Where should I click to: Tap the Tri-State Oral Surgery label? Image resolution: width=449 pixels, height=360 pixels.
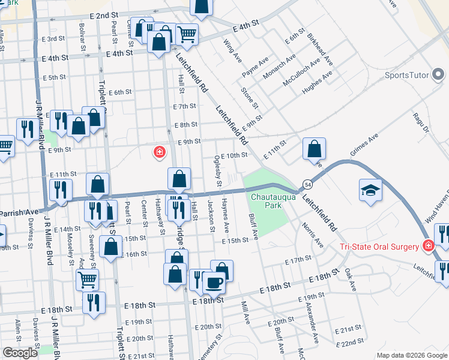379,247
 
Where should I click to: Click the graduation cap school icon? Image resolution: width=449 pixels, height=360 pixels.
370,191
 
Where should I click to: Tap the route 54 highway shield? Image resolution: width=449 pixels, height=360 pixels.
306,183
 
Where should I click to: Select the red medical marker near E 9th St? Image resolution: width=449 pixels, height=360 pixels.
159,152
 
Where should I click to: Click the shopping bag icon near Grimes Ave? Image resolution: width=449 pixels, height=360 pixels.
314,148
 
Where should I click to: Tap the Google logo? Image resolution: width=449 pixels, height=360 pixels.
20,353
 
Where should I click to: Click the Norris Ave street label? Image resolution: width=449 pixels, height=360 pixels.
313,236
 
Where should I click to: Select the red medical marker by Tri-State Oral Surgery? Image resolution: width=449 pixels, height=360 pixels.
428,246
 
